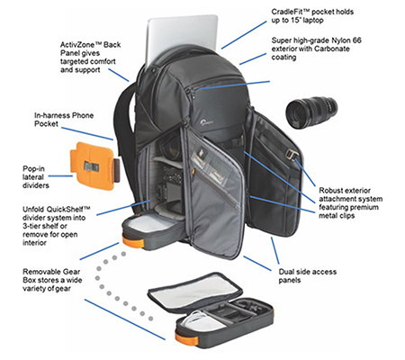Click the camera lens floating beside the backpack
pos(311,112)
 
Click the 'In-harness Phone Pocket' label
pos(64,120)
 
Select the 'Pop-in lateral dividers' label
pos(35,177)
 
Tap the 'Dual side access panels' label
pos(308,275)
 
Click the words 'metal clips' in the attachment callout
pos(337,215)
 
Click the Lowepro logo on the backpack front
pos(207,121)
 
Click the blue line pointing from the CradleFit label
pos(244,35)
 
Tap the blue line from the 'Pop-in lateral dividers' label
pos(60,176)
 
